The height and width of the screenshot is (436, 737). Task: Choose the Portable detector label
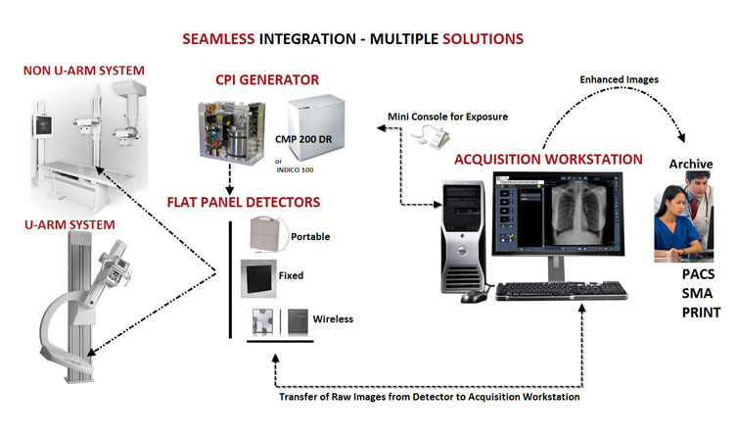tap(311, 236)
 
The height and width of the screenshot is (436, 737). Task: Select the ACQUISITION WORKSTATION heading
tap(548, 159)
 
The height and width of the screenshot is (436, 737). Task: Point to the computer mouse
tap(472, 295)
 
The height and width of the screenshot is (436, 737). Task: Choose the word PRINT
tap(700, 314)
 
